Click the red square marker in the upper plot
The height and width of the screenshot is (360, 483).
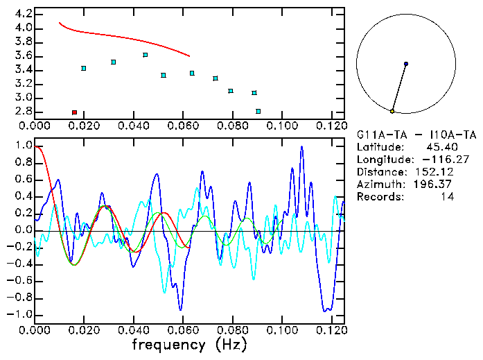point(74,112)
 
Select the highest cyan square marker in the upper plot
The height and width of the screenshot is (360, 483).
point(145,55)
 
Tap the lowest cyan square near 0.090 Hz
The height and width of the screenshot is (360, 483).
point(258,111)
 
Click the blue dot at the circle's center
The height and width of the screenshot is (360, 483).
point(405,64)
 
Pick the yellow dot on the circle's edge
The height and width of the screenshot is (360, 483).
point(392,111)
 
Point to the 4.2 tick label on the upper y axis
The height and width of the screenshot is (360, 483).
point(22,14)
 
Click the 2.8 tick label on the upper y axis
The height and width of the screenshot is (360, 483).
point(22,111)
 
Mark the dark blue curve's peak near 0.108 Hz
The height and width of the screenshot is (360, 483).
point(301,147)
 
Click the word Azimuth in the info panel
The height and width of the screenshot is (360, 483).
point(378,185)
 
